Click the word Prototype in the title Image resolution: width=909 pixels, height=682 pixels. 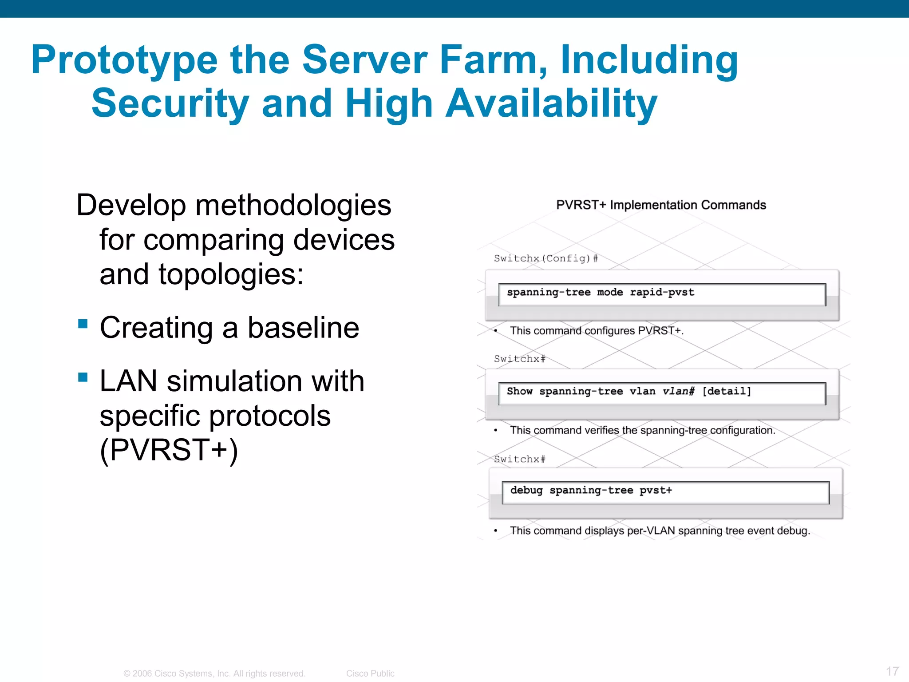[124, 60]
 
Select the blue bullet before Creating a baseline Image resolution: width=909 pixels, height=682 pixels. [83, 323]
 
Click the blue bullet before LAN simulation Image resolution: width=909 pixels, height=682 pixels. [83, 377]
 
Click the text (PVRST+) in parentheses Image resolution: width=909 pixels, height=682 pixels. [169, 450]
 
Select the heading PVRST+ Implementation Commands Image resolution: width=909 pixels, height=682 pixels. [661, 205]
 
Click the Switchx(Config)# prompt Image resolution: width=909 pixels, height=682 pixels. [546, 258]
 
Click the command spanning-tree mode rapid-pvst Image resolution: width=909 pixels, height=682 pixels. [600, 292]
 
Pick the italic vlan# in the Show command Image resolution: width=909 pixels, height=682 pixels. [678, 391]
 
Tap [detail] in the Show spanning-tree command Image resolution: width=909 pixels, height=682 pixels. [727, 391]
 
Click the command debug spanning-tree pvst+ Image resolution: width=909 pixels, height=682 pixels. [591, 490]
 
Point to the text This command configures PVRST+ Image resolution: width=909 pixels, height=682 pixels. [597, 331]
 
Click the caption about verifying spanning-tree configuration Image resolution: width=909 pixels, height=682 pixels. [642, 430]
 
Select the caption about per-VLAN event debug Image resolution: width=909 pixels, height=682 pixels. [660, 531]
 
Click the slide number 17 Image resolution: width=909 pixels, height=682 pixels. [892, 671]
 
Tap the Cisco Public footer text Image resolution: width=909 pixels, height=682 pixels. [370, 674]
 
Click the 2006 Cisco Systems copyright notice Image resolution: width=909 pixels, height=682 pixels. [214, 674]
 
